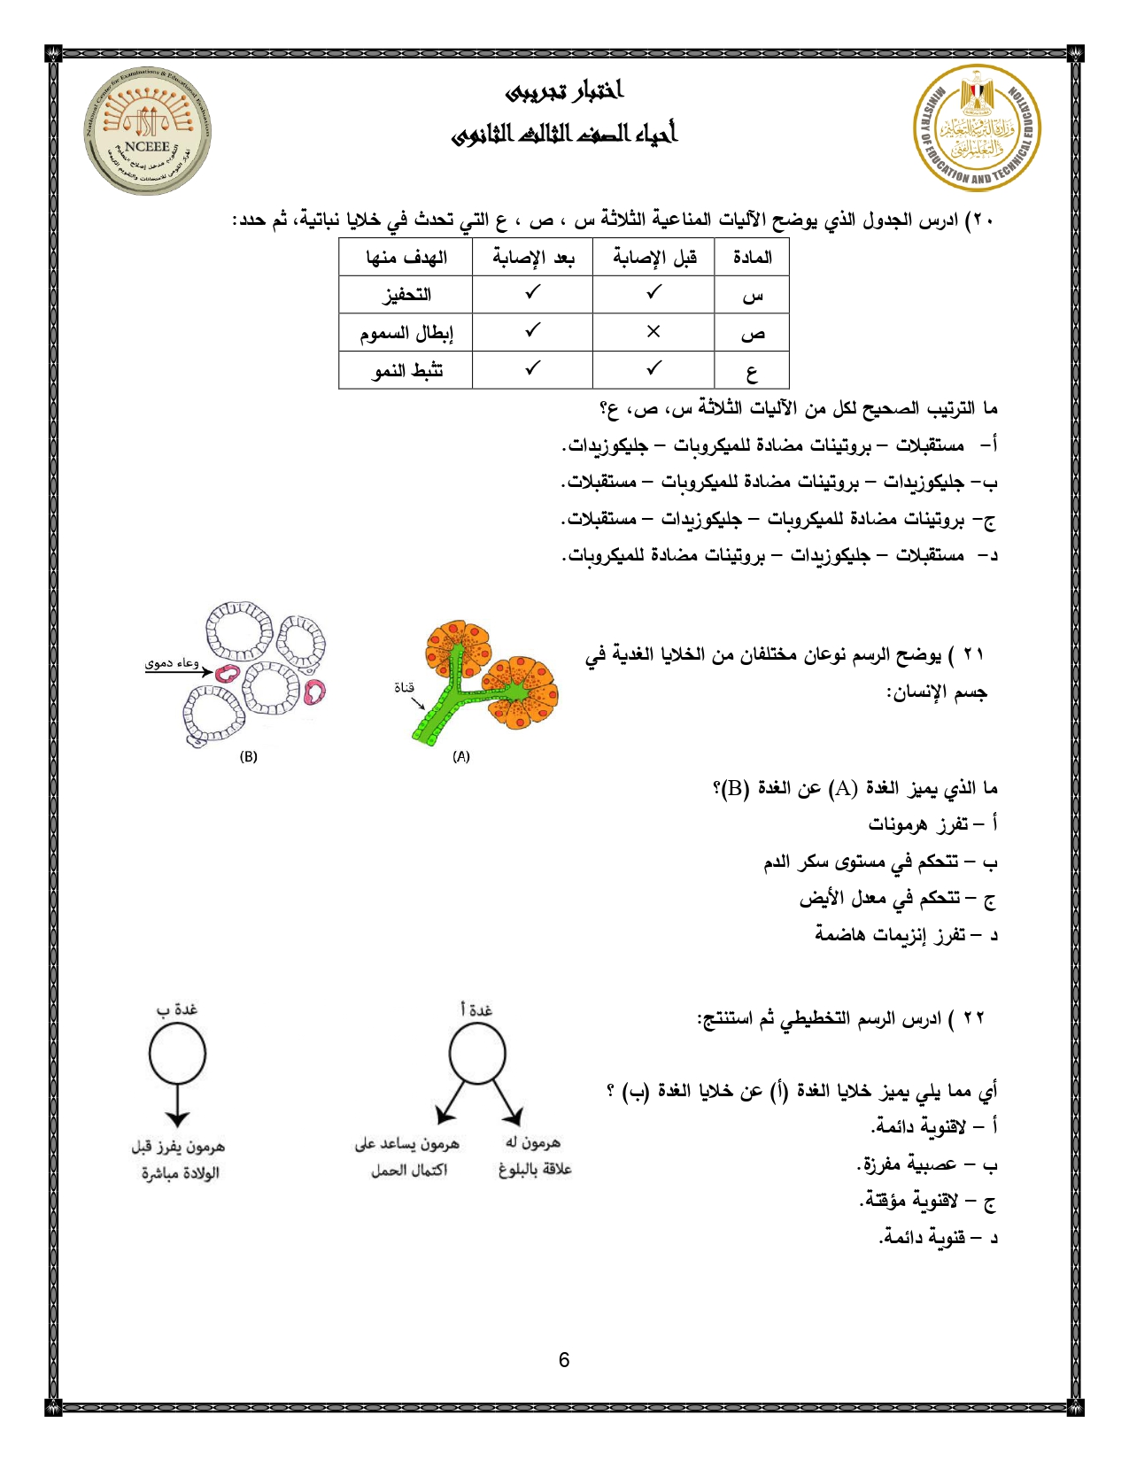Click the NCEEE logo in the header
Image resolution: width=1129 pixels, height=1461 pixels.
[148, 131]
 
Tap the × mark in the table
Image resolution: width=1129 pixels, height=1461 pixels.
[653, 331]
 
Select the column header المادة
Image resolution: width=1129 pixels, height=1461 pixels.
[752, 258]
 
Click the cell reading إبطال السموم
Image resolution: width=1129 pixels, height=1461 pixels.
[406, 333]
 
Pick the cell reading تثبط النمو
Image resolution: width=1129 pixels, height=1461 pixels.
[406, 370]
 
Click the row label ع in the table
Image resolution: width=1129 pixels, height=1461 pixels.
[752, 372]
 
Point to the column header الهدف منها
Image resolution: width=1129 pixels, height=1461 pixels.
[406, 258]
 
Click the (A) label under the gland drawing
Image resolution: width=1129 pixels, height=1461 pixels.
[461, 756]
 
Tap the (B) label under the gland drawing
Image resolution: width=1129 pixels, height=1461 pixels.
[249, 756]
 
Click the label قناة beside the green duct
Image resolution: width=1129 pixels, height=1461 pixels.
[404, 687]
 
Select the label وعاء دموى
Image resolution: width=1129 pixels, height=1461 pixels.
[172, 663]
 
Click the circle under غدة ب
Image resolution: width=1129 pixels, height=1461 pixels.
[177, 1054]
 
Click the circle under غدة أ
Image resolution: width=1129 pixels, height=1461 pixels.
[477, 1054]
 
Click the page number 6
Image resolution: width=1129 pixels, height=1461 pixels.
[564, 1360]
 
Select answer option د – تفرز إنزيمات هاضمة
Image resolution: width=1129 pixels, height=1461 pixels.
[906, 935]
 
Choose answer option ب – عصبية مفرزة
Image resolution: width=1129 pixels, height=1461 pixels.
[927, 1164]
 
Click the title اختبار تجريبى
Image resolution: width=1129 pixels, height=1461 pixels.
[565, 91]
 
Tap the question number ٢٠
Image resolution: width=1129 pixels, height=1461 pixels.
[980, 220]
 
